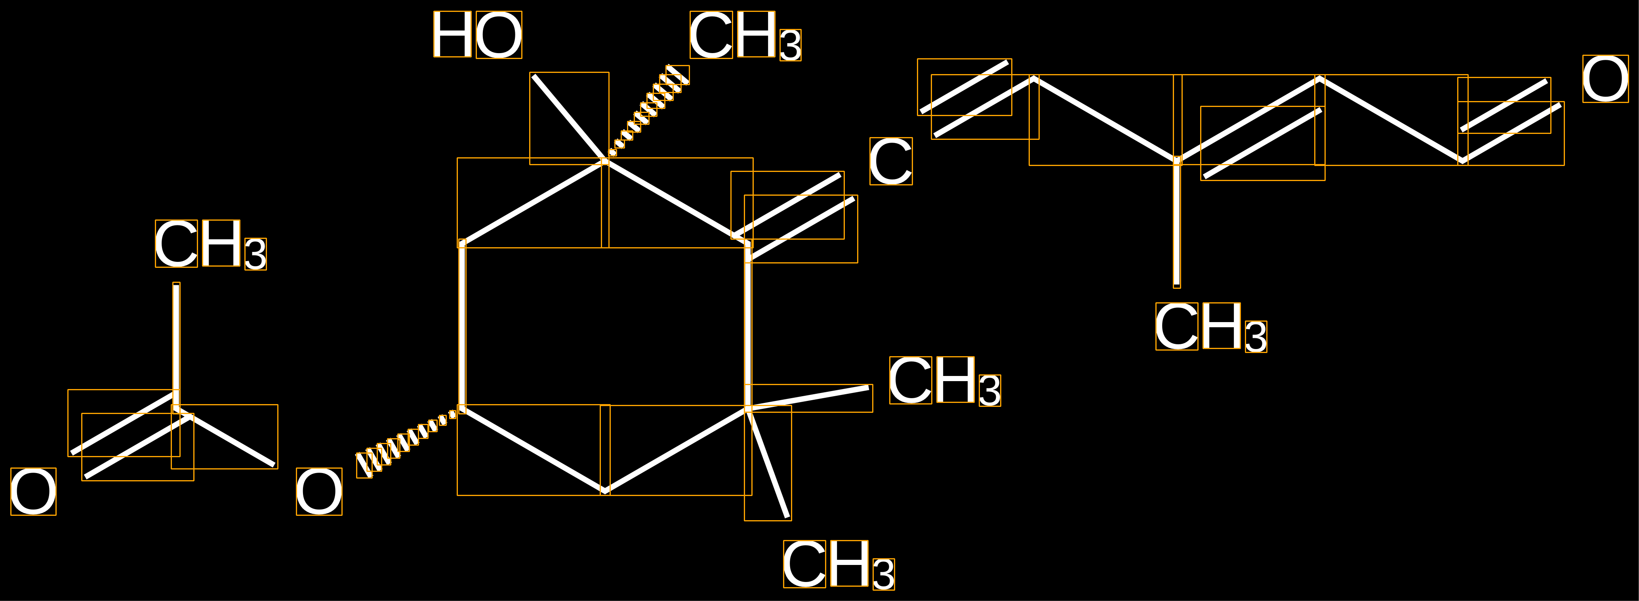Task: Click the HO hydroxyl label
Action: [477, 35]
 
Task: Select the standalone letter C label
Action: [891, 162]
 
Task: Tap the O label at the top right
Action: [1605, 79]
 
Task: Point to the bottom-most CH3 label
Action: [839, 565]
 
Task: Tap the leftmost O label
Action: [33, 492]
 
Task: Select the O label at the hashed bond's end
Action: [319, 492]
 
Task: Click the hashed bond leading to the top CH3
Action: [648, 109]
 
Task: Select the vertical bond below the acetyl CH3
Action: [176, 344]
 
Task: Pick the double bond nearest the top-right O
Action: [1511, 121]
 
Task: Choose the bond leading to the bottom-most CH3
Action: [768, 464]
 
